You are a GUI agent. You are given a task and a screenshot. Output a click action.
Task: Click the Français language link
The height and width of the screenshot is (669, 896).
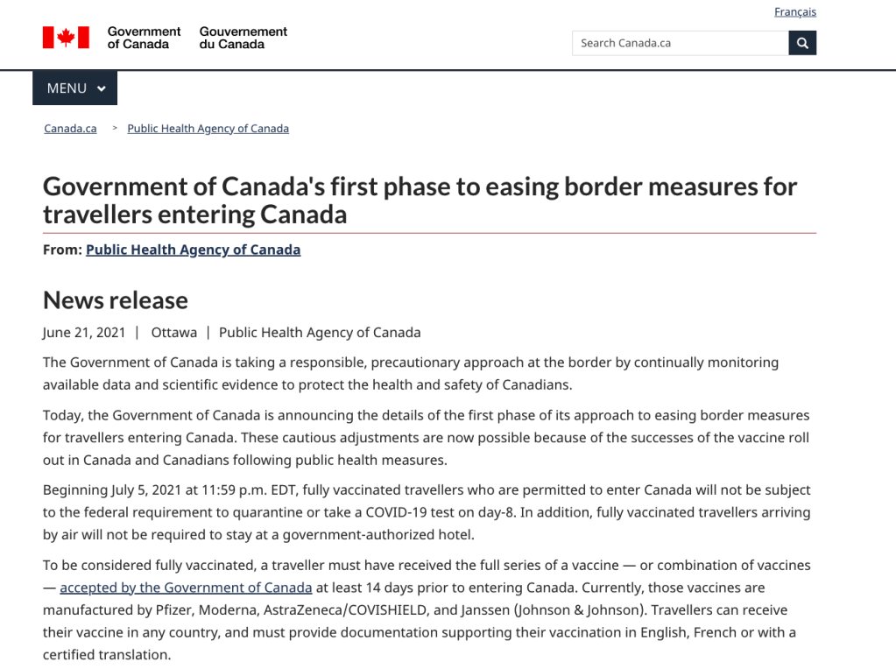pos(794,12)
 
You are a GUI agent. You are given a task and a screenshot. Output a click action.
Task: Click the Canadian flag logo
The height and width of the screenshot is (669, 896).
pos(66,38)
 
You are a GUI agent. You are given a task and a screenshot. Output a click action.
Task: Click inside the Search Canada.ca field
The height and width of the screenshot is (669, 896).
pos(680,43)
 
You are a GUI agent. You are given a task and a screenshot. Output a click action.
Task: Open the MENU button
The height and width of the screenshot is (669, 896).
pos(75,88)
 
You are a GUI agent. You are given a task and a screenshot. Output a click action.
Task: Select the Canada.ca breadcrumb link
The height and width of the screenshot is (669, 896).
pos(70,129)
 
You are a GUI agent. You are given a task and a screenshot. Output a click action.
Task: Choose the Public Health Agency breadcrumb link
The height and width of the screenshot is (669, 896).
pos(208,129)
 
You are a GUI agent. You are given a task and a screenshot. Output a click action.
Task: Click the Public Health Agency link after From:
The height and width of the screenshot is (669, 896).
pos(193,250)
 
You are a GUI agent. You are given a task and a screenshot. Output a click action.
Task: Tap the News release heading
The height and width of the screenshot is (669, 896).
pos(116,300)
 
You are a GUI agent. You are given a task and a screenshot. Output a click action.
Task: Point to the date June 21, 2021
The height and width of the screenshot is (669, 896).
pos(83,333)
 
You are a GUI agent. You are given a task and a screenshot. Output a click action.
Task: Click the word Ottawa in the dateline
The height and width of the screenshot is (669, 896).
pos(173,333)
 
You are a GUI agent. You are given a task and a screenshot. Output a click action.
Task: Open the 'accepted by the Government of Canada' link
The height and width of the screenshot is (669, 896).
pos(186,588)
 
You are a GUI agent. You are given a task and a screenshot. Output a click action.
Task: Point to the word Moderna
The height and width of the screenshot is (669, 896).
pos(226,610)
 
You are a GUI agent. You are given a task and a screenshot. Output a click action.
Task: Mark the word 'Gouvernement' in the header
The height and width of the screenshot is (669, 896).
pos(243,32)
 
